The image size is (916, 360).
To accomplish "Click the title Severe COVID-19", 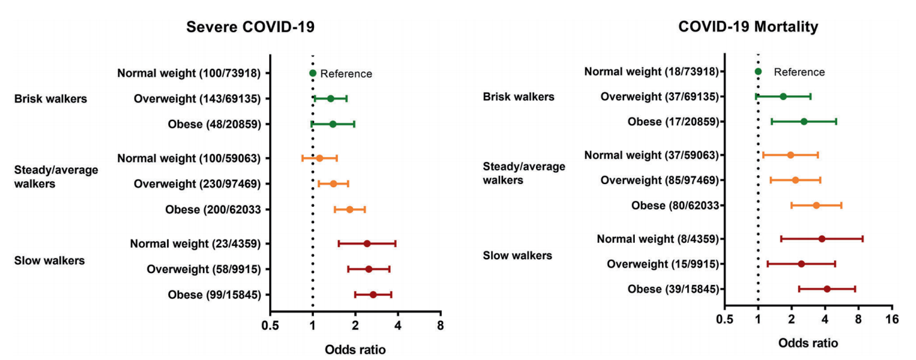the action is (250, 27).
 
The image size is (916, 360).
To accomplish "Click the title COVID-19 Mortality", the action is (748, 26).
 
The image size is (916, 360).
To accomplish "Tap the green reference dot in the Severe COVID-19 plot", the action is (313, 73).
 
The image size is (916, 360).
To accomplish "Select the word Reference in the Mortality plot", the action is (799, 72).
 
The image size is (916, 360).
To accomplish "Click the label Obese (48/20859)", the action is (214, 124).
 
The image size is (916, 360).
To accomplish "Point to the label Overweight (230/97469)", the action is (197, 184).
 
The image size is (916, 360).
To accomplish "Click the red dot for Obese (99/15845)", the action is (373, 294).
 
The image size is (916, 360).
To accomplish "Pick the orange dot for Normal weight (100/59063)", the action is (320, 158).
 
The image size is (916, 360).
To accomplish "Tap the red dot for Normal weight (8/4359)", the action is (822, 239).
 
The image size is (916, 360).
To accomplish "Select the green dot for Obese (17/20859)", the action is (804, 122).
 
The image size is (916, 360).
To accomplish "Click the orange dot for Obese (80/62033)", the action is (816, 206).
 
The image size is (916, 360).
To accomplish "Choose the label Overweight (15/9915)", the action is (663, 264).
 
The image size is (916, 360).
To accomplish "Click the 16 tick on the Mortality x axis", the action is (892, 319).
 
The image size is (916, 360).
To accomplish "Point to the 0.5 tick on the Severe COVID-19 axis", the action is (270, 325).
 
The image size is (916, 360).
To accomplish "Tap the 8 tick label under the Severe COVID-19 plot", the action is (441, 325).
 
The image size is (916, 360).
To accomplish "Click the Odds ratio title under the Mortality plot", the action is (808, 343).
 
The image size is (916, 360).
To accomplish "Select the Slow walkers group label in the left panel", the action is (49, 260).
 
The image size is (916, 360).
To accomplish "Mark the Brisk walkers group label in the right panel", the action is (519, 97).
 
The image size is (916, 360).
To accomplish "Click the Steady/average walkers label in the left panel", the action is (56, 177).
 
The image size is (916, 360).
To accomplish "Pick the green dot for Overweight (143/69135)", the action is (330, 98).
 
